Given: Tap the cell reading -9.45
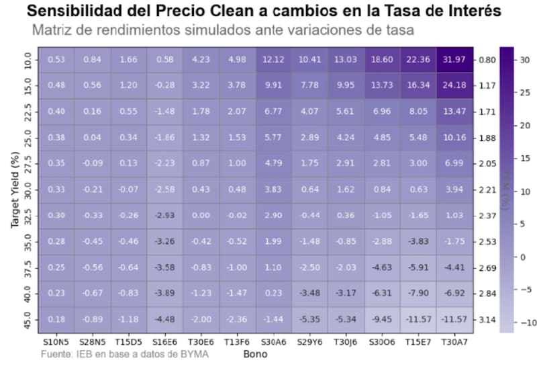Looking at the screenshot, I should click(x=382, y=319).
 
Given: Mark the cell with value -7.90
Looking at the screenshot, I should click(x=418, y=293).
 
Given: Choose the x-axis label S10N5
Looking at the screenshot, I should click(x=55, y=341).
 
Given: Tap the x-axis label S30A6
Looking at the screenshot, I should click(x=273, y=341).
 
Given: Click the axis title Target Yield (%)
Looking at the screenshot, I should click(x=15, y=190).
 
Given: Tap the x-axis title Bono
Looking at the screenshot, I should click(x=255, y=353).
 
